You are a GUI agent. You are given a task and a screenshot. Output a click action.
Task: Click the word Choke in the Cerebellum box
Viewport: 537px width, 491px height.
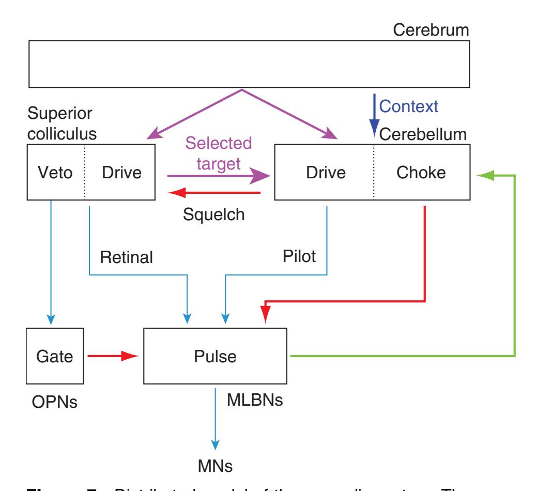click(x=421, y=172)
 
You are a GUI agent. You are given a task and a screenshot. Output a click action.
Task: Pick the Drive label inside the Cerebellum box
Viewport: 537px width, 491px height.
click(x=323, y=172)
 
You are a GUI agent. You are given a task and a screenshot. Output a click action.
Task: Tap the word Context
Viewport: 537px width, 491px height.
click(x=408, y=106)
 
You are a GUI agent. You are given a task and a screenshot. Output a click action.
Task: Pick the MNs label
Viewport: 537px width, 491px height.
click(x=215, y=464)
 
